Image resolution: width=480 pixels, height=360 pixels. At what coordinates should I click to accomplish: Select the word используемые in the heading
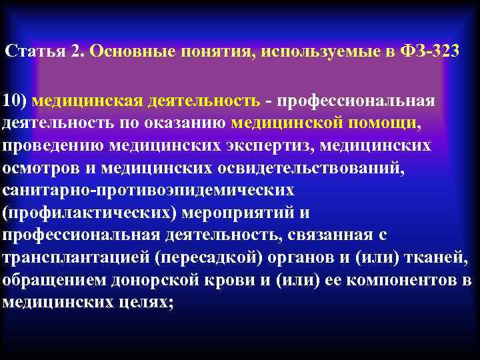(x=309, y=52)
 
